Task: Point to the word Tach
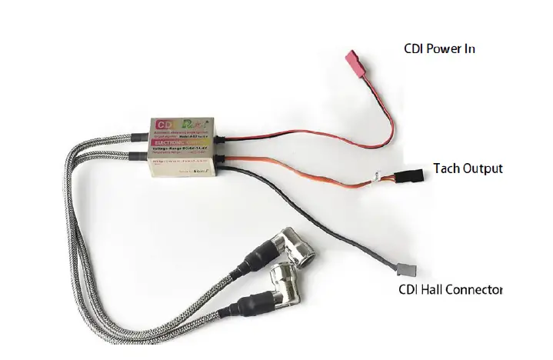tap(447, 168)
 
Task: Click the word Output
tap(483, 168)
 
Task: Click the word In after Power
tap(471, 48)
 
